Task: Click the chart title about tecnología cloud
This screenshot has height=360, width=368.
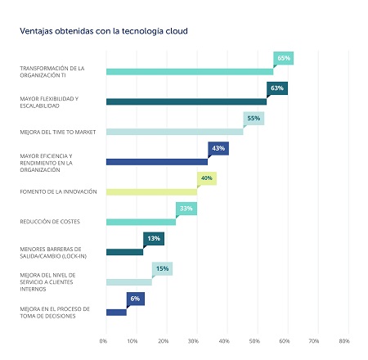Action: tap(103, 31)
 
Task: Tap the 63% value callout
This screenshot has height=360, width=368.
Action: tap(276, 88)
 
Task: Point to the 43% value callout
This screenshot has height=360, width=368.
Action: tap(218, 148)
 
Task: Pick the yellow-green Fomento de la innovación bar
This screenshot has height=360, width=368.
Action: tap(151, 191)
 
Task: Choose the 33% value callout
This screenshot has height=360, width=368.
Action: tap(186, 209)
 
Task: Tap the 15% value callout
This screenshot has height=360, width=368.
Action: tap(162, 268)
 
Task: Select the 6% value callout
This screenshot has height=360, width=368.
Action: tap(135, 299)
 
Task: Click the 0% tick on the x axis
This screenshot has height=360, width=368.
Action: tap(104, 340)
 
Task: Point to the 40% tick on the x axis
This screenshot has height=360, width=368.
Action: tap(224, 340)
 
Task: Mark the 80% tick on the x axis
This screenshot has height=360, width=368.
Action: tap(343, 340)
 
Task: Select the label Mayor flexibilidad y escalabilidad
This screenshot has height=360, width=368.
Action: tap(48, 101)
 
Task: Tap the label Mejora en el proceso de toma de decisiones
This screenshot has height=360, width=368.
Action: tap(49, 312)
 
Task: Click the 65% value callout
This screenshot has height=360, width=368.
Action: tap(284, 58)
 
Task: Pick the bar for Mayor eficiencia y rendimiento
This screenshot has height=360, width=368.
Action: tap(156, 161)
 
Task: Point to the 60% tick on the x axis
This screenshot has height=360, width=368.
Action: tap(284, 340)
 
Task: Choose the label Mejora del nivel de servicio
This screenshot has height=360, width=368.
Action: tap(48, 281)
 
